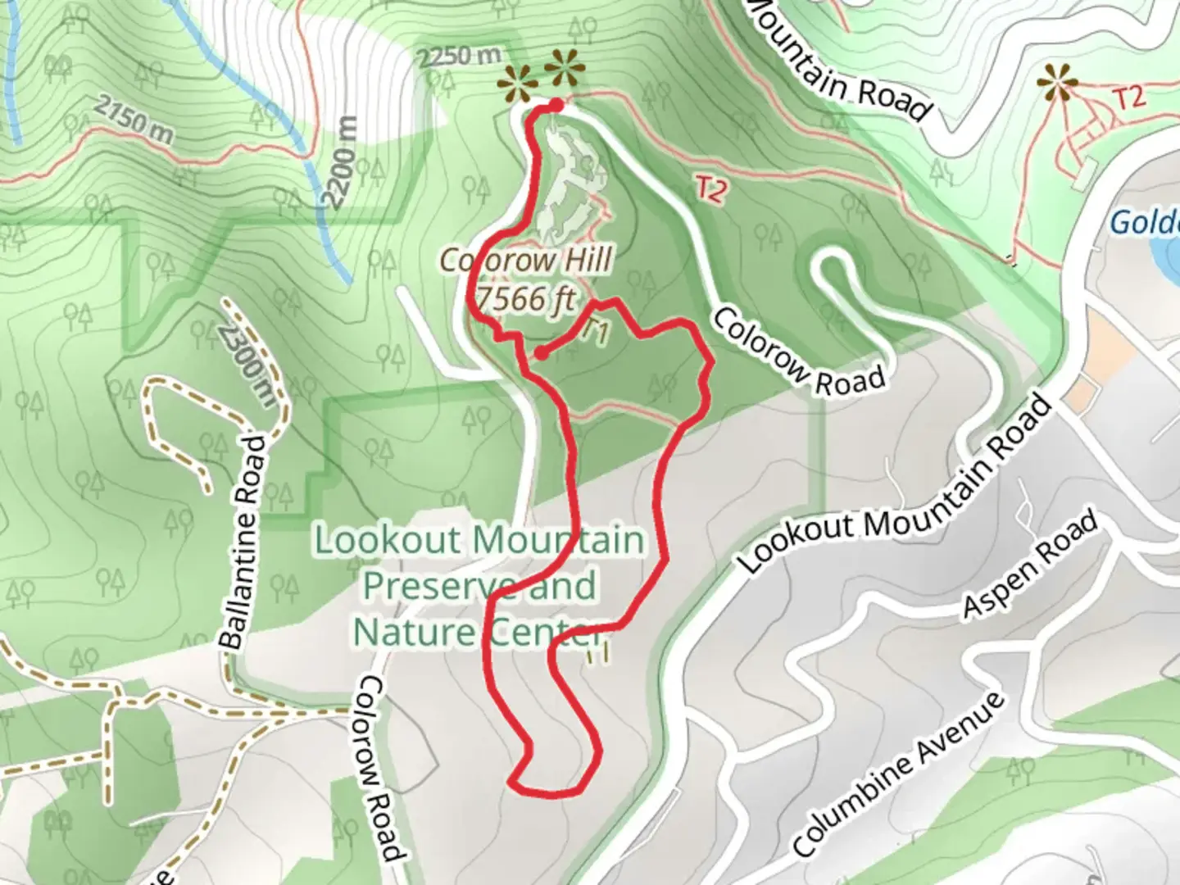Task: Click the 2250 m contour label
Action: click(x=458, y=57)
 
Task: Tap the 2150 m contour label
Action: click(x=133, y=118)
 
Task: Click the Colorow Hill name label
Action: click(x=526, y=261)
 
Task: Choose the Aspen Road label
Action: click(x=1029, y=565)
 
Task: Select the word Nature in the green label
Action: click(x=415, y=632)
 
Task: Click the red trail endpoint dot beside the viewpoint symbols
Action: click(x=556, y=105)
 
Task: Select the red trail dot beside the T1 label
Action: click(x=541, y=353)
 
